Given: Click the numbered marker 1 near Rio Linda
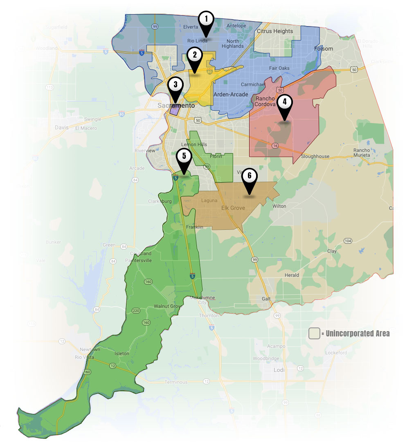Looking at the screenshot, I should point(206,19).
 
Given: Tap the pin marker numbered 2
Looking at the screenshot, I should point(195,55).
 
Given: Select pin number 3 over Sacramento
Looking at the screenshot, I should point(175,85).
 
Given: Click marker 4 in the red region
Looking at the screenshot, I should point(285,102).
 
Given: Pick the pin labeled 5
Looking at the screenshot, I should point(184,156).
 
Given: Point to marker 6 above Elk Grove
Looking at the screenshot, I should point(250,176).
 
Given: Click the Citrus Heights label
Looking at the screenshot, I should point(275,31).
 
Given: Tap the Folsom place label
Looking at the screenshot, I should point(324,49).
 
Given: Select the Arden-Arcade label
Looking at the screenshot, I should point(231,94).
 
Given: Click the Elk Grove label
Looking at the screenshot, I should point(233,208).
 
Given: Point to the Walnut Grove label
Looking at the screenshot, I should point(167,306).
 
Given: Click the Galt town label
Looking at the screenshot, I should point(266,299).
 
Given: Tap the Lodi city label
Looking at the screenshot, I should point(278,370).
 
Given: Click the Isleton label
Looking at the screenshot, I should point(122,354).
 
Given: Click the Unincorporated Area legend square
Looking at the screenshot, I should point(314,333).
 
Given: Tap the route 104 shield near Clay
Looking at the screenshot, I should point(348,241).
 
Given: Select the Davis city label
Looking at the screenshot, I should point(62,127).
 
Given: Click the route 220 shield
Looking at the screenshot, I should point(136,311).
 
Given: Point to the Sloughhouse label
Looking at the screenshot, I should point(315,156).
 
